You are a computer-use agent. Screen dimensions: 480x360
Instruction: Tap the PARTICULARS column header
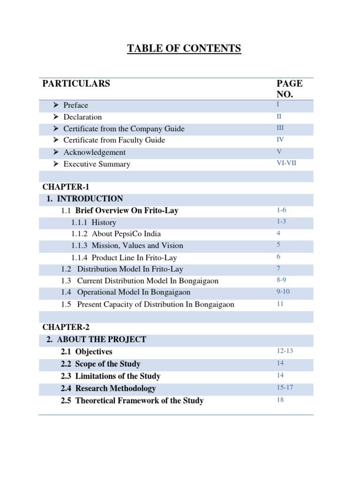point(76,84)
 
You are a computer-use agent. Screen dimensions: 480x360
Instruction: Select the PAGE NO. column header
point(289,89)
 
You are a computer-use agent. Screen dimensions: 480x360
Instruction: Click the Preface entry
point(76,105)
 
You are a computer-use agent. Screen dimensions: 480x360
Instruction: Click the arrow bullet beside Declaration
point(55,117)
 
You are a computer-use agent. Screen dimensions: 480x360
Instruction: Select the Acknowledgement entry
point(95,152)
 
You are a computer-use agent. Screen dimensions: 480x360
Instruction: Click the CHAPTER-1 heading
point(62,187)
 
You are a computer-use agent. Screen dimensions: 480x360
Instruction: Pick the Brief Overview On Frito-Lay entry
point(127,211)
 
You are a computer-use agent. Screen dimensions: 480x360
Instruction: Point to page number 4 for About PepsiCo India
point(278,233)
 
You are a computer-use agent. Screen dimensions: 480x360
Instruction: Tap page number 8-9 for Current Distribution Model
point(281,280)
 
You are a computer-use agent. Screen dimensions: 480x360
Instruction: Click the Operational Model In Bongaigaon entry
point(134,292)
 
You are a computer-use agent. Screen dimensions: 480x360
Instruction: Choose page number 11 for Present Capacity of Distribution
point(280,304)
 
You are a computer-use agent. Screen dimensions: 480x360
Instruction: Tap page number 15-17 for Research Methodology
point(285,388)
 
